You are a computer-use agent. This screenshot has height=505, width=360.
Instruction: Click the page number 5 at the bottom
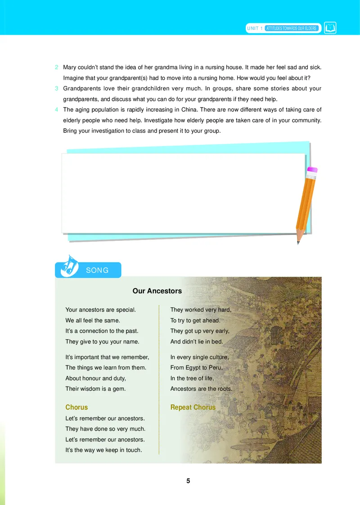click(x=188, y=481)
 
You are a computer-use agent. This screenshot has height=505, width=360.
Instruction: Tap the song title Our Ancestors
click(x=157, y=291)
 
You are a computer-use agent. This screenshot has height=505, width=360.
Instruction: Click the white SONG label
click(x=97, y=271)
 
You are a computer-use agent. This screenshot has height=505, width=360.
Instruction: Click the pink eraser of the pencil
click(x=312, y=170)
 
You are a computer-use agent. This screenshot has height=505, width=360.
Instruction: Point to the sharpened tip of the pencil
click(x=298, y=243)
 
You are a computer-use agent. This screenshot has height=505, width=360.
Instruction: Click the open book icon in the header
click(x=330, y=28)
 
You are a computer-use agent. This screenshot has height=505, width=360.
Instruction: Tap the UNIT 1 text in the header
click(x=255, y=28)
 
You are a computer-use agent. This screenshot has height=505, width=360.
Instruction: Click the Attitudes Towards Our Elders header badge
click(x=291, y=28)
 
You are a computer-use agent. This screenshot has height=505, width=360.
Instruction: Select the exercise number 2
click(x=57, y=68)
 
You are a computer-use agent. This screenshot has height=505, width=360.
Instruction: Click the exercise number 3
click(x=57, y=89)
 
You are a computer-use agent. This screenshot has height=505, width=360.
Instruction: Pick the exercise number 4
click(x=57, y=110)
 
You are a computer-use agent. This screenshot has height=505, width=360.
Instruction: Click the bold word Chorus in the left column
click(x=76, y=407)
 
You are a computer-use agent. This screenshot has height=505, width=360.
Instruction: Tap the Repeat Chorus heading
click(x=193, y=407)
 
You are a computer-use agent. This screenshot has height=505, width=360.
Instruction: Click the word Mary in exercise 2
click(x=70, y=68)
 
